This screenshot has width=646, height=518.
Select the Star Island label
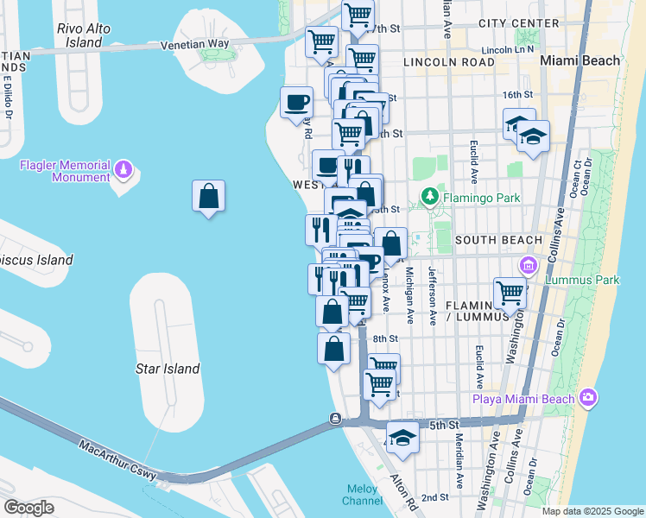coord(168,369)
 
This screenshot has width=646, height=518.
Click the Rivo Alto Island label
coord(84,35)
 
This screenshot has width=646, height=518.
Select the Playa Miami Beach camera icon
coord(588,397)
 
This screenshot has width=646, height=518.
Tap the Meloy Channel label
coord(363,494)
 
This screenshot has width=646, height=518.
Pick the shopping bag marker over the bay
coord(208,198)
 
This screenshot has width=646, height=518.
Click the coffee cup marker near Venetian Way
coord(297,103)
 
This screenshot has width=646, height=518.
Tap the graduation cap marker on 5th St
coord(402,438)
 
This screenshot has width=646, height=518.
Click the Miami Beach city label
coord(579,60)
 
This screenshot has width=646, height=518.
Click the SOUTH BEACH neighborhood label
coord(497,239)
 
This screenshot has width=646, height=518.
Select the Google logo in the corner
coord(29,508)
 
